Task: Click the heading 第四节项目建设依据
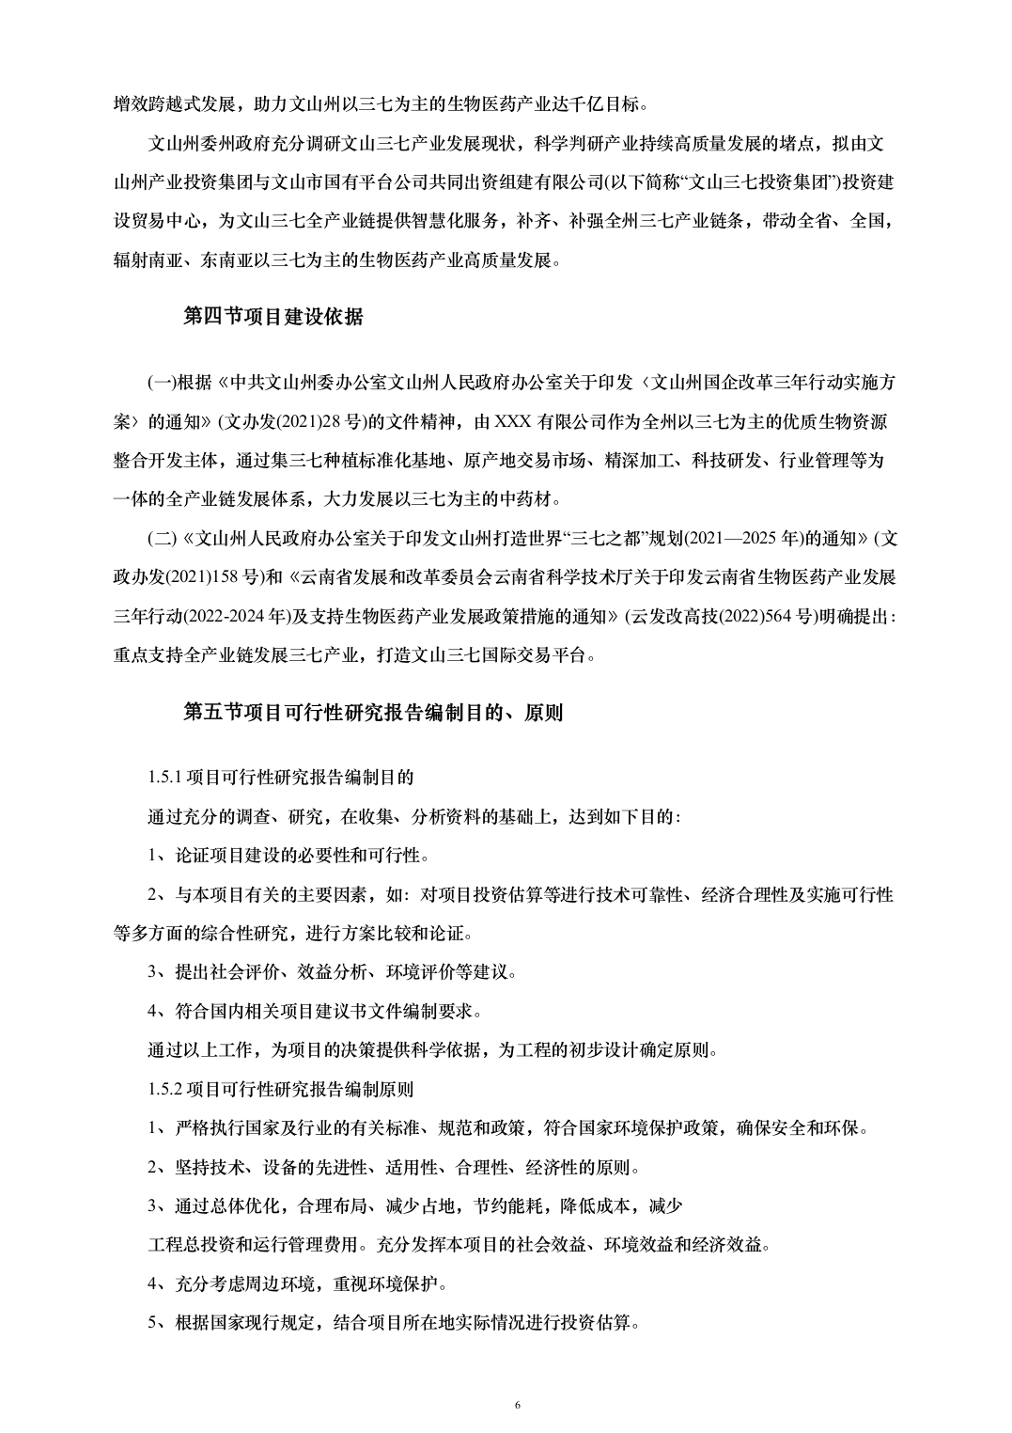point(272,317)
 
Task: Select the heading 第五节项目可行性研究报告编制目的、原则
point(372,713)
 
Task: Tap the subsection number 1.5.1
point(165,778)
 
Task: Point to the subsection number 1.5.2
point(165,1090)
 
